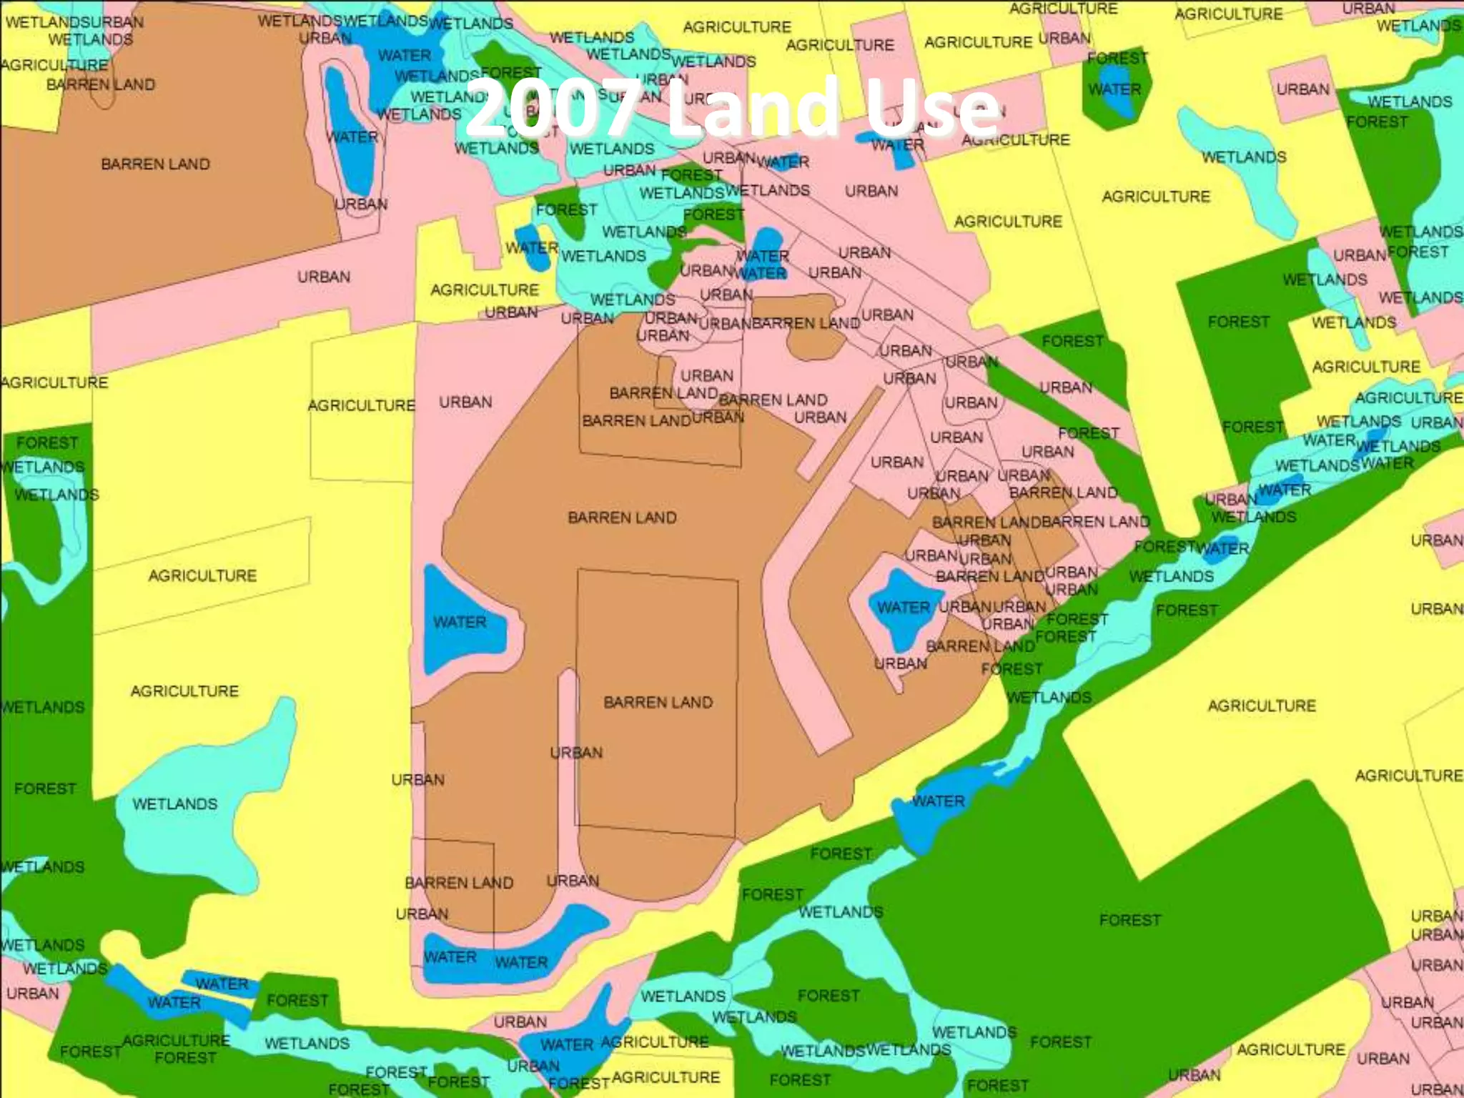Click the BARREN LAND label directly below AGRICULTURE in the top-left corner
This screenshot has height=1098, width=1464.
pos(100,84)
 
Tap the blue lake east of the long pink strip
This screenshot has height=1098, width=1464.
pos(902,608)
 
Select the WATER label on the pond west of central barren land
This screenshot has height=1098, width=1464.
pos(460,622)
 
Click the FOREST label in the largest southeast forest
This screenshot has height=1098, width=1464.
pos(1129,920)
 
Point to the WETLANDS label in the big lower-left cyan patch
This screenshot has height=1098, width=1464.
pos(174,804)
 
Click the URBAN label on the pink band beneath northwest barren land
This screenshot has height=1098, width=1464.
pos(324,277)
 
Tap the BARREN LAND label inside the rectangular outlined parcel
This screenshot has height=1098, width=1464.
pos(658,702)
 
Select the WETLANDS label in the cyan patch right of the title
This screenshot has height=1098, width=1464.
pos(1244,157)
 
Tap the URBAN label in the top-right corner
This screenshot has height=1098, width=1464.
pos(1368,9)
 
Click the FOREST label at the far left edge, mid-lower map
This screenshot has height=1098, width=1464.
pos(44,788)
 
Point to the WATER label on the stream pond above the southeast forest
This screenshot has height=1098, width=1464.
pos(938,801)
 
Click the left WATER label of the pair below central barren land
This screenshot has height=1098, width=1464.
pos(450,957)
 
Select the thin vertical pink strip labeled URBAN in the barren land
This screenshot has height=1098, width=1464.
pos(568,751)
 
